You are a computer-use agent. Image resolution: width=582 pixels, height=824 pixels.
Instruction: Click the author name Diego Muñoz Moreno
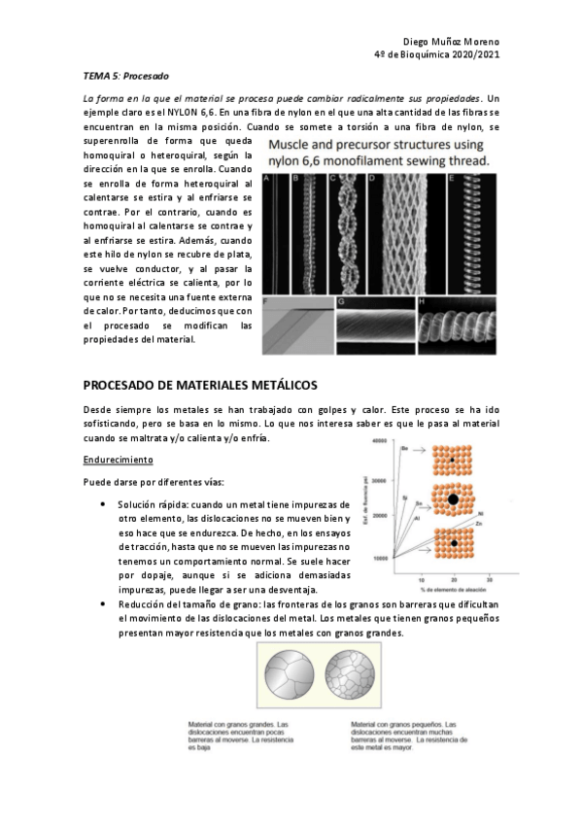click(450, 42)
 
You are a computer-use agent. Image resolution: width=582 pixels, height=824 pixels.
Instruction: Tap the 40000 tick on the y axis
click(379, 441)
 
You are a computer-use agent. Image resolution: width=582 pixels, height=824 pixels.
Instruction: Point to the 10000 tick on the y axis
click(379, 558)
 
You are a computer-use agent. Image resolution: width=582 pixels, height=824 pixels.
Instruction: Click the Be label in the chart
click(403, 449)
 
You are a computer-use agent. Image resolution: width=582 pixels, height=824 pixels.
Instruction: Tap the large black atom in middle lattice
click(453, 499)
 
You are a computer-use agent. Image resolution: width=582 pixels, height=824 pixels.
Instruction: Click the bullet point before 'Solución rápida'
click(103, 505)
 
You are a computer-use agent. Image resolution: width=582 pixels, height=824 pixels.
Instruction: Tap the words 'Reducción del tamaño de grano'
click(184, 602)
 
